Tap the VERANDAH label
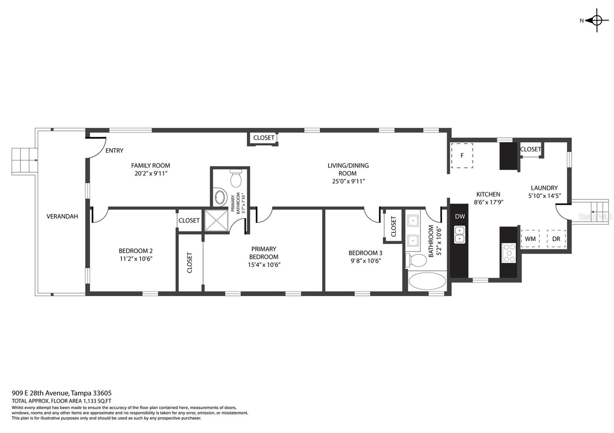[62, 216]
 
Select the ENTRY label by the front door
[114, 151]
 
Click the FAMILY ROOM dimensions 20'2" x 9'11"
[151, 174]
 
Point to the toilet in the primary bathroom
[236, 178]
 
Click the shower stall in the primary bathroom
[216, 220]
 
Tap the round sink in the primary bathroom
[220, 197]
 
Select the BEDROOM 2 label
[136, 251]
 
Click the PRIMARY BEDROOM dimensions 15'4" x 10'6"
[264, 265]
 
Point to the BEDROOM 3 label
[365, 253]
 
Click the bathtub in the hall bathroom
[427, 281]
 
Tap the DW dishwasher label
[460, 216]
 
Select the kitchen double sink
[459, 235]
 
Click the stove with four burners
[509, 253]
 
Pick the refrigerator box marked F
[462, 156]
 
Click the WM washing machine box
[530, 239]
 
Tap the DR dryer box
[556, 239]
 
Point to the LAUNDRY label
[545, 188]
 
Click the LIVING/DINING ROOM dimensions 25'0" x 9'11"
[348, 181]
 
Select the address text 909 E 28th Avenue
[40, 393]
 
